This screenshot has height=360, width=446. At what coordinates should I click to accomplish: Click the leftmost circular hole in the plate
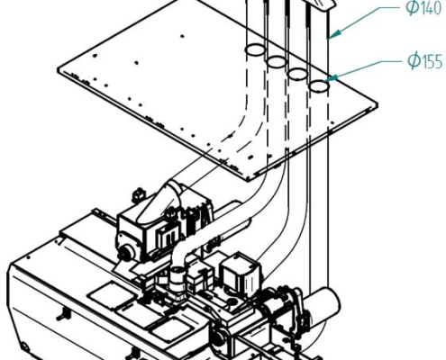[x=255, y=49]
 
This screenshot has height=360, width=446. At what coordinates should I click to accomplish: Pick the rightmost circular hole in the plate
[x=318, y=86]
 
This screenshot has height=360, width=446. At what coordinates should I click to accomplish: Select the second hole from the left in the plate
[x=276, y=61]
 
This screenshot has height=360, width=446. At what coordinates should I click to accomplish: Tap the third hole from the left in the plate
[x=297, y=73]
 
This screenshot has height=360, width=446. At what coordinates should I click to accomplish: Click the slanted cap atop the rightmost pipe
[x=319, y=7]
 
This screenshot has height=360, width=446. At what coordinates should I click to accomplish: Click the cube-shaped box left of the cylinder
[x=238, y=270]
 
